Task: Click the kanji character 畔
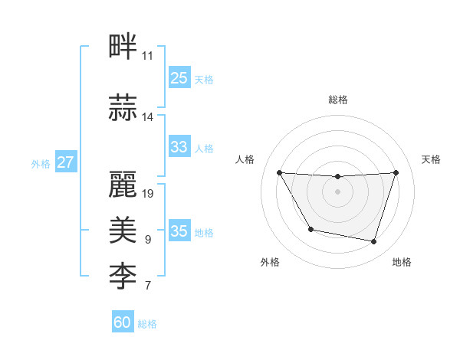(123, 47)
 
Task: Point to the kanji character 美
(123, 229)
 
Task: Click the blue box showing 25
(179, 78)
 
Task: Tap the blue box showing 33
(179, 146)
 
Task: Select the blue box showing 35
(179, 231)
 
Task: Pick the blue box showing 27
(65, 162)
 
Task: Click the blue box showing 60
(123, 322)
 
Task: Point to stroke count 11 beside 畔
(147, 56)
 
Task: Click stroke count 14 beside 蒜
(147, 116)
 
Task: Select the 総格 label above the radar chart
(337, 100)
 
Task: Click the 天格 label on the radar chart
(431, 159)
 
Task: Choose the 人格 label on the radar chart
(245, 159)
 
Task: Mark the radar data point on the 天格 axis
(396, 172)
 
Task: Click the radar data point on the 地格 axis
(373, 241)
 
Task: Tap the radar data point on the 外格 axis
(310, 229)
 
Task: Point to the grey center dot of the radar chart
(337, 191)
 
